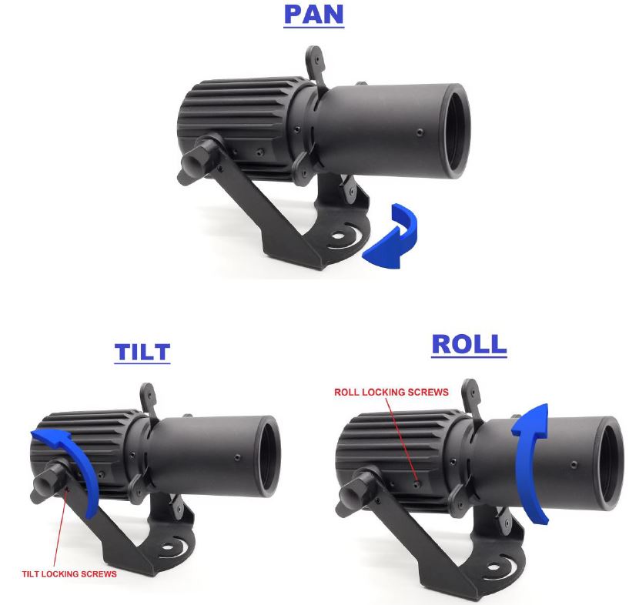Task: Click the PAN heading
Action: coord(313,15)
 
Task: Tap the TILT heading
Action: coord(142,352)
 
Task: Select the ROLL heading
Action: coord(469,344)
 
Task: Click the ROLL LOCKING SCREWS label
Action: coord(391,392)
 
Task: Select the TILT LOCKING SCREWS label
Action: coord(69,574)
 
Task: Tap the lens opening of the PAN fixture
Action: coord(457,130)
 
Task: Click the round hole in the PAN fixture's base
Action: coord(338,236)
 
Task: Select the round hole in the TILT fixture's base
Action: coord(168,547)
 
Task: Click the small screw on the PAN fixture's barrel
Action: coord(420,132)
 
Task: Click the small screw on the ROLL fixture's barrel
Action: coord(574,465)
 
